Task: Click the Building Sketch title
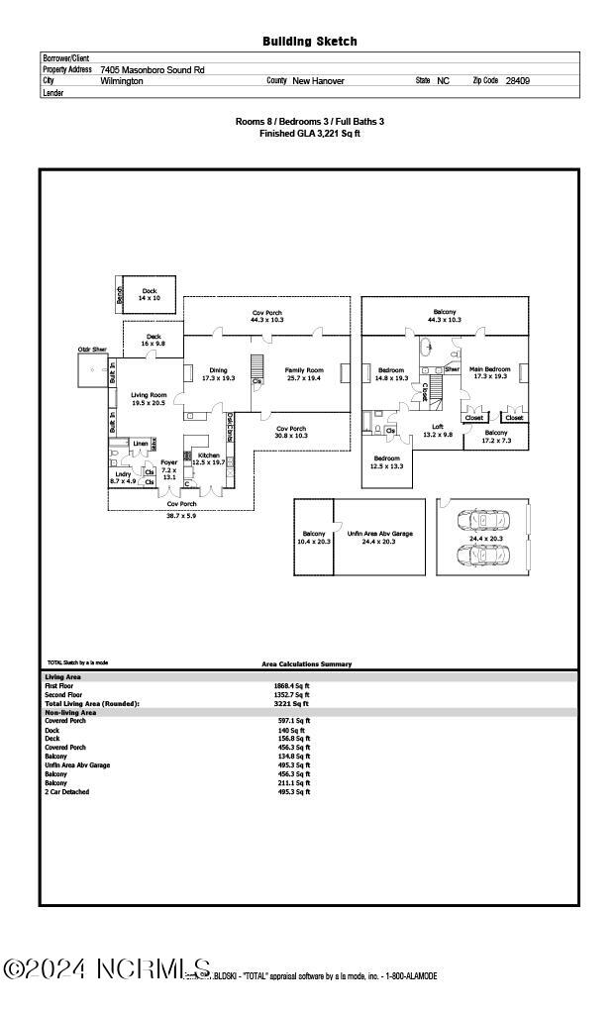coord(309,42)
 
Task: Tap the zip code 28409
coord(517,81)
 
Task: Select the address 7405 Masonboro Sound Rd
coord(153,70)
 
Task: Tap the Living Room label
coord(150,396)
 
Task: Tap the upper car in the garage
coord(482,521)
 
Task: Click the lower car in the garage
coord(482,553)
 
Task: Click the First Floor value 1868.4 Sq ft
coord(291,685)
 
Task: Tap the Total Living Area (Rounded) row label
coord(92,703)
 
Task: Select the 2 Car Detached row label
coord(66,792)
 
